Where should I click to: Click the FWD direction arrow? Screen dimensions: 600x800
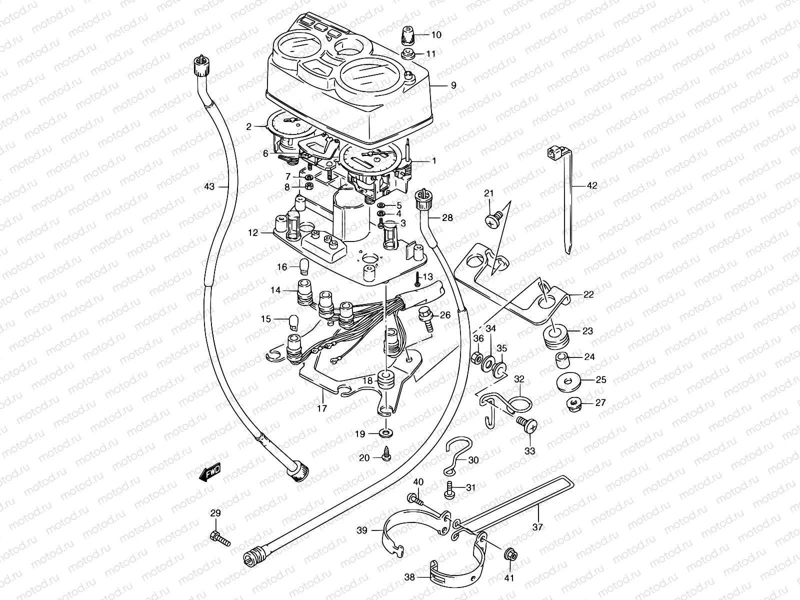(x=209, y=472)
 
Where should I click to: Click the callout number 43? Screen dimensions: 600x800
(x=209, y=186)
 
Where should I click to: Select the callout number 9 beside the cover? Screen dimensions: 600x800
(x=453, y=85)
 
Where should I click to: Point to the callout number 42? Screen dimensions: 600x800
(x=591, y=185)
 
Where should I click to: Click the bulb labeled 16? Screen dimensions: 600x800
(x=303, y=267)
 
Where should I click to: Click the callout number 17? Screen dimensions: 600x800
(x=322, y=408)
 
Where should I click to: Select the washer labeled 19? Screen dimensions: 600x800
(x=386, y=432)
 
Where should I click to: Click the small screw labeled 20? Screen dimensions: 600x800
(x=386, y=456)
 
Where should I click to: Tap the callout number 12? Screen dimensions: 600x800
(x=253, y=232)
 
